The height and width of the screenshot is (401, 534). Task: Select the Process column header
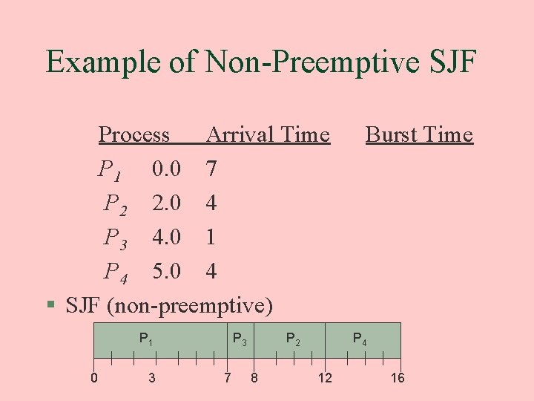(x=134, y=134)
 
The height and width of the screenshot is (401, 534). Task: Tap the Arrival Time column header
(x=268, y=134)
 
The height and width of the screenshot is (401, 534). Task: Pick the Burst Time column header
(x=419, y=134)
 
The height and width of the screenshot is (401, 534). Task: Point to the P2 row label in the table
(x=115, y=203)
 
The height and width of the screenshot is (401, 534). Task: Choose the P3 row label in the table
(x=115, y=238)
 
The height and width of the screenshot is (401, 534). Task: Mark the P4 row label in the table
(x=115, y=272)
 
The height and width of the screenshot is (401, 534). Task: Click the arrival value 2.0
(x=166, y=203)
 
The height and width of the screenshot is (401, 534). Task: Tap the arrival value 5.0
(x=166, y=272)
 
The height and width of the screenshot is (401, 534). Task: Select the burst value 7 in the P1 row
(x=211, y=169)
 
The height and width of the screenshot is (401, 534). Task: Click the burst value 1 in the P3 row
(x=211, y=238)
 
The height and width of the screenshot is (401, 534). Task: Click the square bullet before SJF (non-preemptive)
(x=50, y=304)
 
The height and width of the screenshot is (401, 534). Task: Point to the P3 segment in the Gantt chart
(x=240, y=340)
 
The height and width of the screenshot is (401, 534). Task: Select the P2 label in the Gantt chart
(x=294, y=340)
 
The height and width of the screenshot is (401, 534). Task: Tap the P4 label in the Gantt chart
(x=360, y=340)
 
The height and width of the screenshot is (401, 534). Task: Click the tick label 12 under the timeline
(x=325, y=379)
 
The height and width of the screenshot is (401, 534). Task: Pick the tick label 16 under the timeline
(x=398, y=379)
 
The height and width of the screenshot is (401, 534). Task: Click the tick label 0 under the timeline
(x=94, y=379)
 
